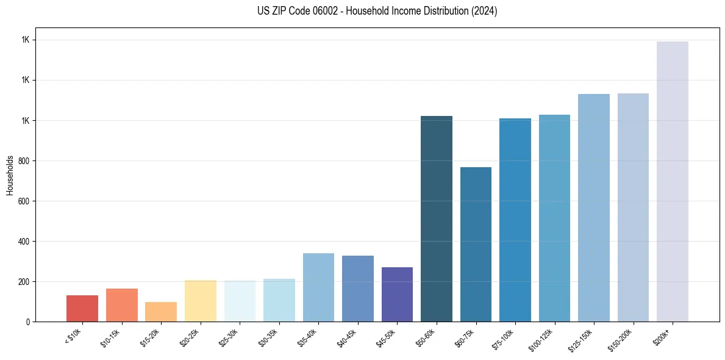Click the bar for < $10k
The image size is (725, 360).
82,308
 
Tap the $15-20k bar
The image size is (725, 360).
161,312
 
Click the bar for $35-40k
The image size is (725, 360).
318,287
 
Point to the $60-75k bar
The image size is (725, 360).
476,244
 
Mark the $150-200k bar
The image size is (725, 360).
633,207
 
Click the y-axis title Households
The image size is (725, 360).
10,175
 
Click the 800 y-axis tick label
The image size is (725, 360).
23,160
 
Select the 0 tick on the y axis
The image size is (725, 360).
27,322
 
